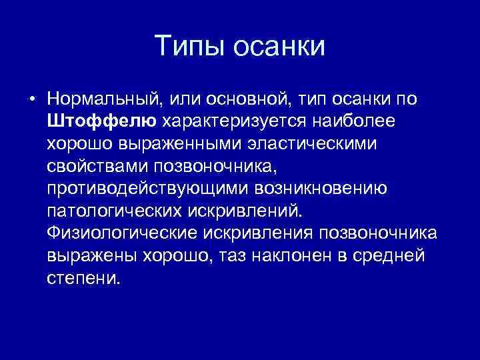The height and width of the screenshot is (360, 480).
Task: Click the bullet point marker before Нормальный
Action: [x=31, y=100]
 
